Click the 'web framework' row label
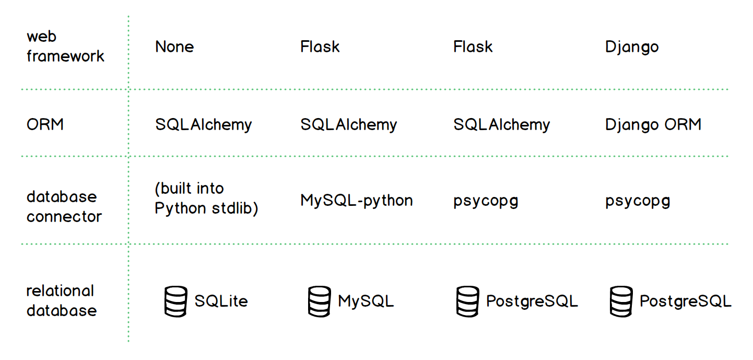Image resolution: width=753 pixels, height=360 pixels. (65, 47)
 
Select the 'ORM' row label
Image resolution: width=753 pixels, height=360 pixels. (45, 125)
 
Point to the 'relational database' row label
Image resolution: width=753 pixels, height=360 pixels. (61, 300)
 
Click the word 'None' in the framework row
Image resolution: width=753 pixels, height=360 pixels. (174, 47)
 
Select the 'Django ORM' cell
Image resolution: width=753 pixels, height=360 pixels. (653, 125)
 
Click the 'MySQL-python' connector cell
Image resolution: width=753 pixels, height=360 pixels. (357, 201)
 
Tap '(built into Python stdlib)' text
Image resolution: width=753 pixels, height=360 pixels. (206, 199)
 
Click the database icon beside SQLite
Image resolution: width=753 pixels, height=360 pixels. (175, 301)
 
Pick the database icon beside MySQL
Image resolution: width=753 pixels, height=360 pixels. (319, 301)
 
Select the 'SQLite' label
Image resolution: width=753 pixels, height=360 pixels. (221, 301)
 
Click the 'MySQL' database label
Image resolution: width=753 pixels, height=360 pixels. (366, 301)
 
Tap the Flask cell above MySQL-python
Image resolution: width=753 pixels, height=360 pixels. (320, 47)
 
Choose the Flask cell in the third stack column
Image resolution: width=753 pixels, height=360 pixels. (473, 47)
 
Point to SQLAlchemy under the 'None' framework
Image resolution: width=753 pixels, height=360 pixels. (203, 125)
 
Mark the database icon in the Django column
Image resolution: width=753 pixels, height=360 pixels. (621, 301)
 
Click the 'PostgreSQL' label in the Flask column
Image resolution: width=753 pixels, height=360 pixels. (532, 301)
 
